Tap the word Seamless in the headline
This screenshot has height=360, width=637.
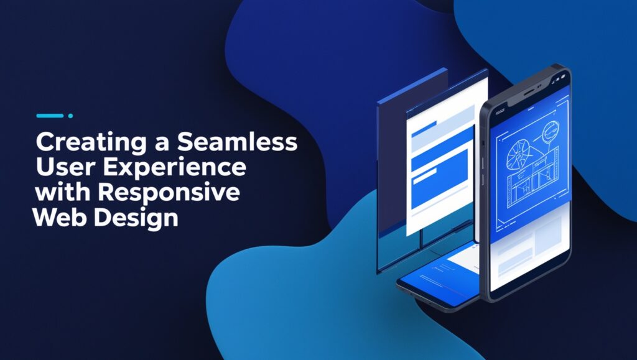point(237,142)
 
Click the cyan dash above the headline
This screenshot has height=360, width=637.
point(50,116)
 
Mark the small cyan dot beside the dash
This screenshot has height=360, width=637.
point(71,116)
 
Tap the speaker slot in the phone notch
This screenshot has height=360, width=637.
point(529,93)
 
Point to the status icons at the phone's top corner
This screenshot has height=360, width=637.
point(562,77)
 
